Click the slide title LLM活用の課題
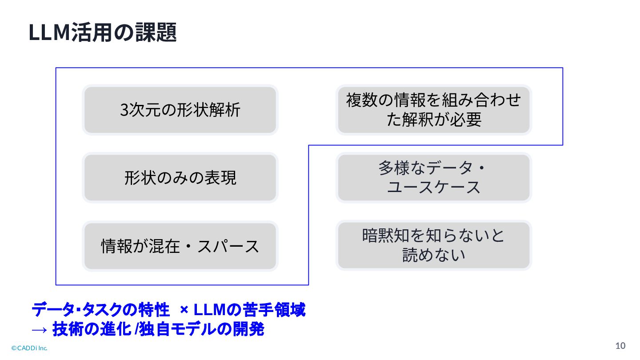103,33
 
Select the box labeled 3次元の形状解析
180,110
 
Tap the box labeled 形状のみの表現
180,178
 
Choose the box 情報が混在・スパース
180,246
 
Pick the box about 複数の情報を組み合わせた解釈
433,110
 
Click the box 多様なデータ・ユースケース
433,178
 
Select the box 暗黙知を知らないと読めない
433,245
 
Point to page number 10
620,346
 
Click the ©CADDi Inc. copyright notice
29,348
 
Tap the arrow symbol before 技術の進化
39,330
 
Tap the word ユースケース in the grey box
433,188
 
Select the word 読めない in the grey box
433,256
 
